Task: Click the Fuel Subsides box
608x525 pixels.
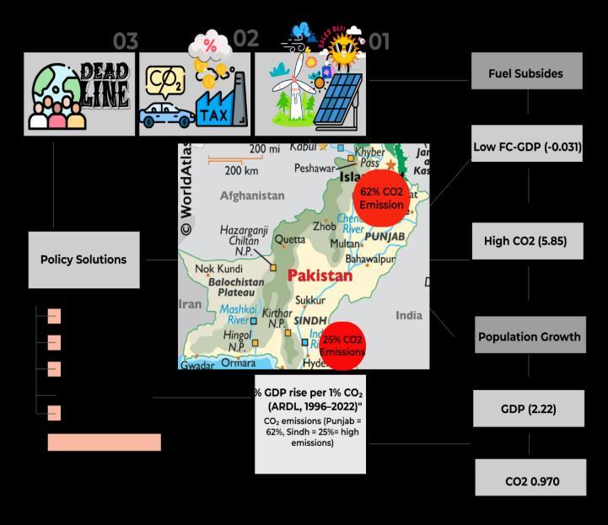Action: (526, 72)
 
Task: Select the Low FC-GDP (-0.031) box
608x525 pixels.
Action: (527, 147)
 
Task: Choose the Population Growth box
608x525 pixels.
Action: (529, 336)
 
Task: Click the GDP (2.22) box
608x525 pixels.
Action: (528, 410)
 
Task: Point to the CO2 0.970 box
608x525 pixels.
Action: (532, 481)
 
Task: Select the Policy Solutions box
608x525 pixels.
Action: (83, 260)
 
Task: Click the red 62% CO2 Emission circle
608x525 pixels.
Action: (382, 198)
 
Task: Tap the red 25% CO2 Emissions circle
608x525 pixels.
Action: (342, 345)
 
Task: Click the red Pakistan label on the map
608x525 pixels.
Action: (320, 276)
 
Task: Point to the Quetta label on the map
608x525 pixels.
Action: (291, 239)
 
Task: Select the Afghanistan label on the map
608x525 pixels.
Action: (252, 196)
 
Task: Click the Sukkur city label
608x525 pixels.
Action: (309, 300)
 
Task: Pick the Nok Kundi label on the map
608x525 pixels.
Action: (218, 269)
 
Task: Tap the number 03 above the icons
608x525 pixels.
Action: (125, 41)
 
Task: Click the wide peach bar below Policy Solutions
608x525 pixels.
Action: (104, 442)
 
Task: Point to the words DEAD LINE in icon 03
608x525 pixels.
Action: (105, 85)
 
